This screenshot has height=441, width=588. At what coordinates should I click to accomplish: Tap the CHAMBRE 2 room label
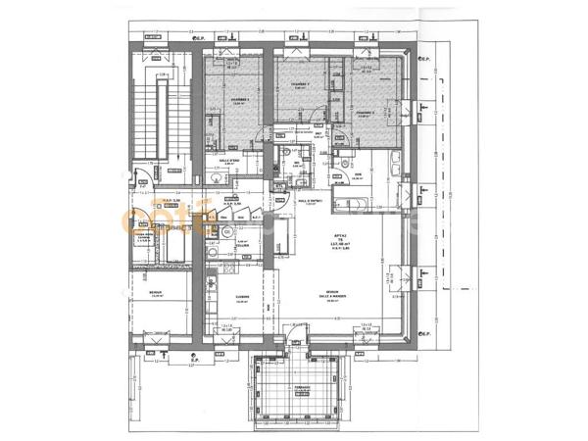[x=299, y=86]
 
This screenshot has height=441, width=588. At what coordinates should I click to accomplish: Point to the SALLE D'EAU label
[x=229, y=161]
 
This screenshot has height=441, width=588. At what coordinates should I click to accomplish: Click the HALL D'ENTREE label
[x=309, y=201]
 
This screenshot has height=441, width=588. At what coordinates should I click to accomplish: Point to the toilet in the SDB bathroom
[x=347, y=162]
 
